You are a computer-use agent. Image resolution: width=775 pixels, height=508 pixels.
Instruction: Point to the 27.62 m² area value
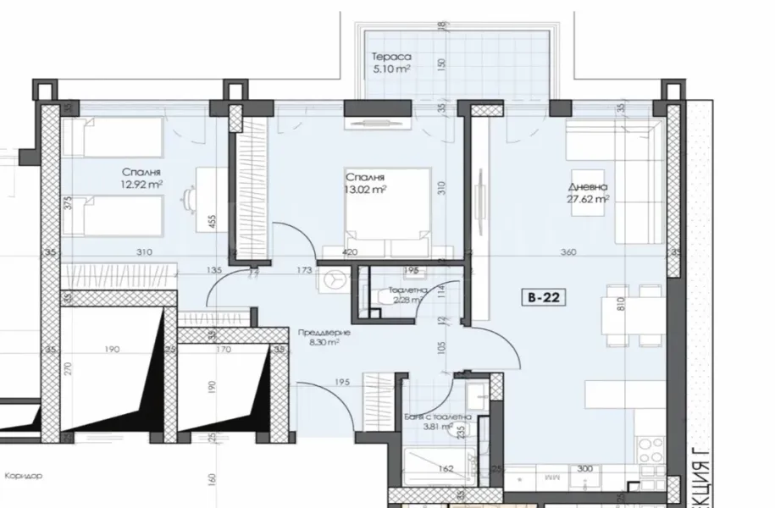click(588, 201)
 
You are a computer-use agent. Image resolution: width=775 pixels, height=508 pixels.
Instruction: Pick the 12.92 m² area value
click(141, 183)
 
